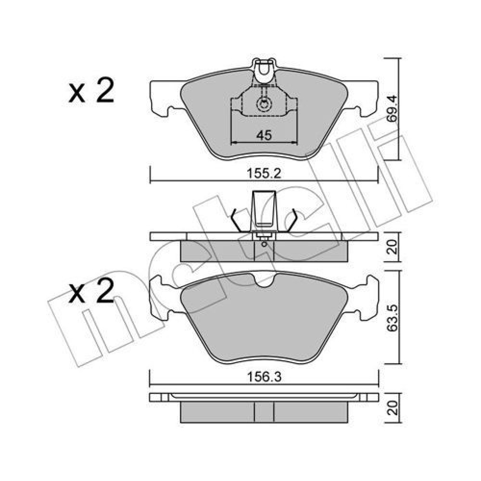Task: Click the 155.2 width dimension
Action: click(x=264, y=174)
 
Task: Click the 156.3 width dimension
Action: click(x=264, y=377)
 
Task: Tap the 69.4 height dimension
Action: click(x=392, y=109)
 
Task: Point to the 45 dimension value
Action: click(x=264, y=135)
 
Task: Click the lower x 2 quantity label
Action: click(x=91, y=291)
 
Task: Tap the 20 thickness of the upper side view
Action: click(x=392, y=247)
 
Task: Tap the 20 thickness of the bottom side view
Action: click(x=392, y=408)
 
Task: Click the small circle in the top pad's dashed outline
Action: click(x=264, y=104)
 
